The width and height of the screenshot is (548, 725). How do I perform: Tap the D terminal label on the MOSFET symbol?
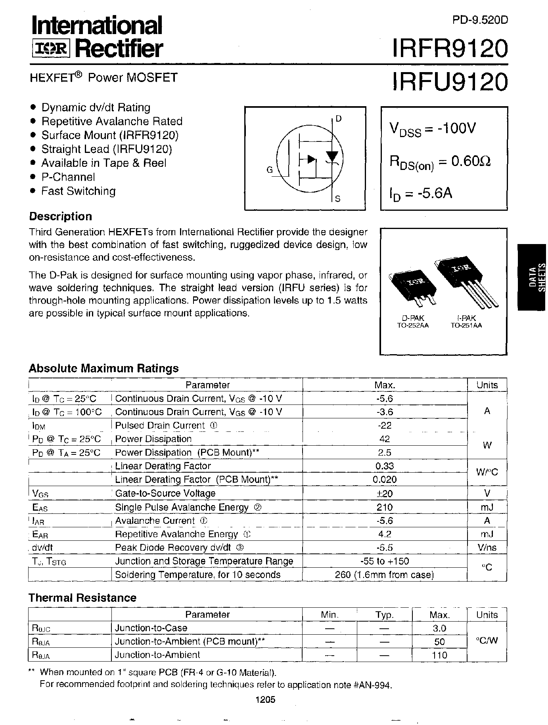point(338,118)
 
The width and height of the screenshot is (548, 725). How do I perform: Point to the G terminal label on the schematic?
point(270,170)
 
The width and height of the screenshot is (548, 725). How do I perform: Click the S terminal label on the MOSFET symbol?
point(338,198)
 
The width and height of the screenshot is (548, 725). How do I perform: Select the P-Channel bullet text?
point(68,177)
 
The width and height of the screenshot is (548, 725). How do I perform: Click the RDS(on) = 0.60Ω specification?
point(440,162)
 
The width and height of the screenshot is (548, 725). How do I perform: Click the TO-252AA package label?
point(413,326)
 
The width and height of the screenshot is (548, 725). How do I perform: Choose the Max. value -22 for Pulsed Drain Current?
point(385,425)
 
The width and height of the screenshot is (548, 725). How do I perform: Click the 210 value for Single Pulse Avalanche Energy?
point(385,507)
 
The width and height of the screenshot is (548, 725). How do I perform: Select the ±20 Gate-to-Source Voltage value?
point(385,493)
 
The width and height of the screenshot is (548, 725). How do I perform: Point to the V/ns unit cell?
point(487,548)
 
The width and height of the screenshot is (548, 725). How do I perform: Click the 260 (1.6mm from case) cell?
point(385,575)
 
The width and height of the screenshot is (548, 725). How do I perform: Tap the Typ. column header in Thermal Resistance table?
point(384,615)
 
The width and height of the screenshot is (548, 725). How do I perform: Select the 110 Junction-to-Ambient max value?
point(439,655)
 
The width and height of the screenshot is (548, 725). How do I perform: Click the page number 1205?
point(265,700)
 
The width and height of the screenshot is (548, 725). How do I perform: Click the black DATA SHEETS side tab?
point(532,277)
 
